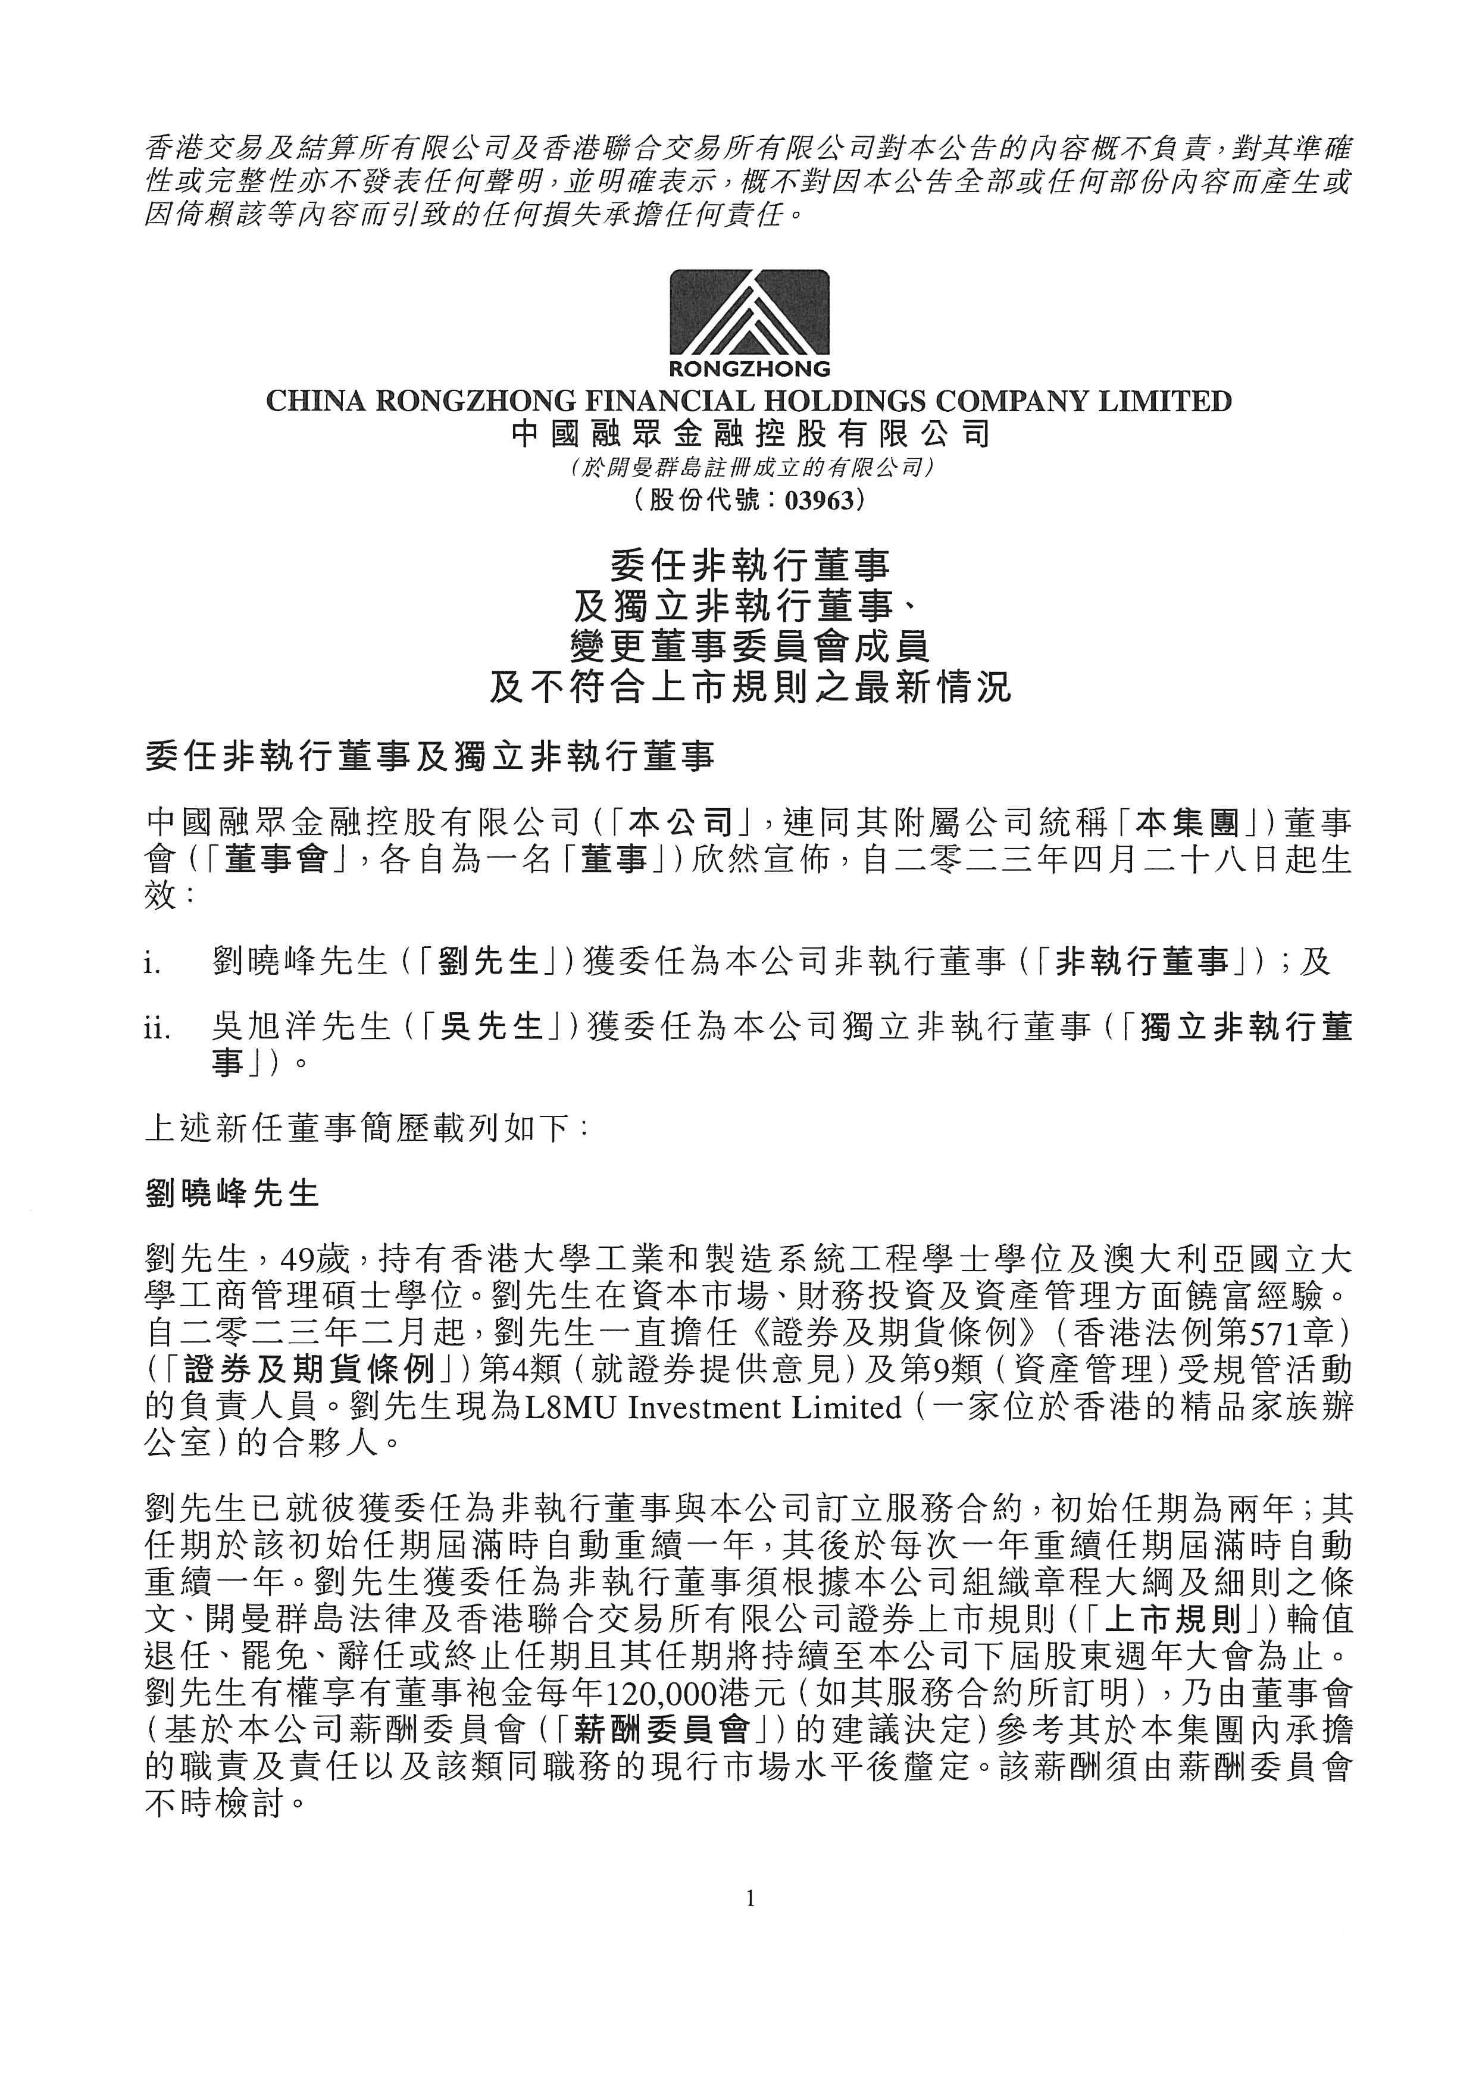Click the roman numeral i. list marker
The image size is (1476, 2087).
click(x=153, y=963)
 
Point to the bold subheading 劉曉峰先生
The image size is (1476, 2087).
click(x=233, y=1193)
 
